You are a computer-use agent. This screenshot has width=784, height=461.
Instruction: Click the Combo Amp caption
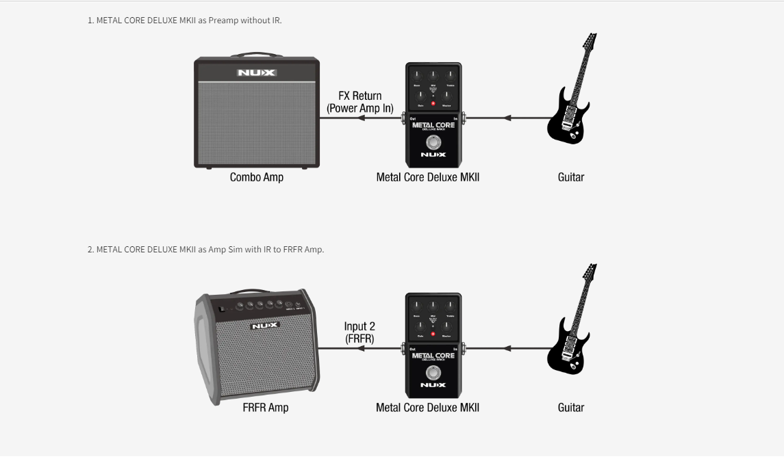click(257, 178)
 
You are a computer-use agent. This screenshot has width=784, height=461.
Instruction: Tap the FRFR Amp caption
click(265, 408)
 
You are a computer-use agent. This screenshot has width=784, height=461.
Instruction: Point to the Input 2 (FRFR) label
click(359, 332)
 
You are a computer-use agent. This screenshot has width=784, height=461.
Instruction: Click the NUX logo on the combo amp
click(257, 73)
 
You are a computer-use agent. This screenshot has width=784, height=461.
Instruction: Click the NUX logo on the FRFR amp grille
click(265, 326)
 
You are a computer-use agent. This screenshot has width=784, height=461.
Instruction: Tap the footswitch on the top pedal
click(433, 142)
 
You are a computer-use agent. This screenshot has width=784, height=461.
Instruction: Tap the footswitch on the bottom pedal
click(433, 373)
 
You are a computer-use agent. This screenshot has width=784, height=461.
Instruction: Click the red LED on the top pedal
click(433, 105)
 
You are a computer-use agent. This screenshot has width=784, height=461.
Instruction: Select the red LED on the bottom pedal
click(433, 334)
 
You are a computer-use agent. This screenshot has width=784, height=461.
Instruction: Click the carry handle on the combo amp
click(257, 55)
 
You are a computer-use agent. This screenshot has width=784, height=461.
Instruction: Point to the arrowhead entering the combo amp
click(361, 118)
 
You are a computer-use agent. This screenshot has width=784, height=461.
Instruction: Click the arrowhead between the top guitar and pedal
click(507, 118)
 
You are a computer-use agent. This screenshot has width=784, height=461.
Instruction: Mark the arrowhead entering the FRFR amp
click(361, 348)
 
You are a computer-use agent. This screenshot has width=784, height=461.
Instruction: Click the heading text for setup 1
click(185, 21)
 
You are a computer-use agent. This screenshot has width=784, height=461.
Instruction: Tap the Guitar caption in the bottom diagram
click(571, 408)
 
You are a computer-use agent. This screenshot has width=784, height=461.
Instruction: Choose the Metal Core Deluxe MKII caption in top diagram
click(428, 178)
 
